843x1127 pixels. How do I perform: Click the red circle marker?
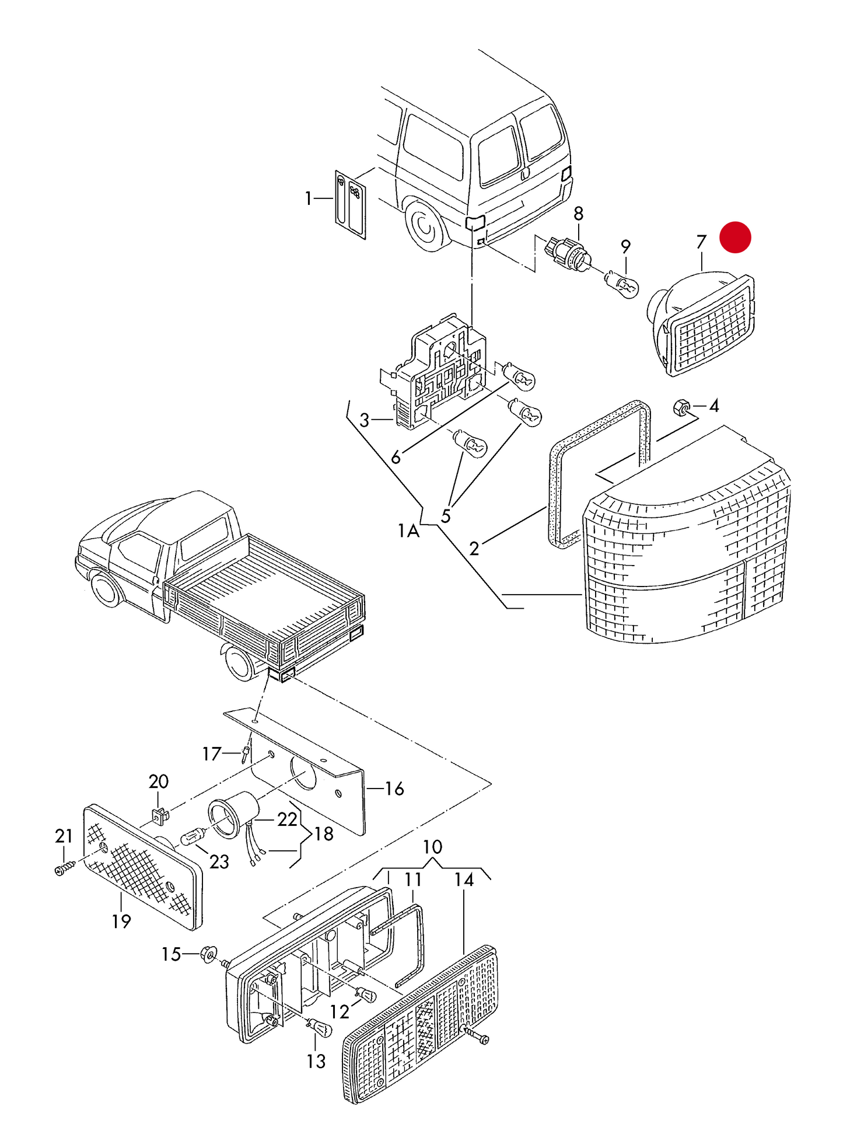click(x=735, y=238)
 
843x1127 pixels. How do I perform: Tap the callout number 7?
click(x=701, y=242)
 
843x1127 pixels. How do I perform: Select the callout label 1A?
click(x=408, y=531)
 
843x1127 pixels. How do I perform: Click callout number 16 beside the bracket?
click(x=394, y=789)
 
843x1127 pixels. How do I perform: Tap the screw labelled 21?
click(x=65, y=869)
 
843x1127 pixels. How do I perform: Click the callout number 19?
click(x=121, y=921)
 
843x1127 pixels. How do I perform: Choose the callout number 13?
click(x=316, y=1060)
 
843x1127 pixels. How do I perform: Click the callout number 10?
click(x=432, y=847)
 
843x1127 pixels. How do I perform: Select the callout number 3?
click(x=365, y=420)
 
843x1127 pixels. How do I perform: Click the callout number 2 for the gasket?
click(x=474, y=549)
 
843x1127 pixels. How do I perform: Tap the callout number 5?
click(x=446, y=517)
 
